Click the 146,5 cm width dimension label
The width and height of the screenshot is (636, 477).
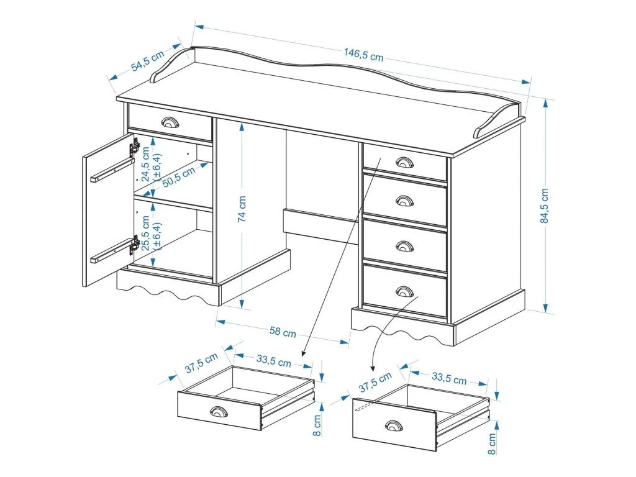(363, 55)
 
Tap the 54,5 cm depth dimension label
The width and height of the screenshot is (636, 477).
(147, 63)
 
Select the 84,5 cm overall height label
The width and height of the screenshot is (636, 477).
(545, 206)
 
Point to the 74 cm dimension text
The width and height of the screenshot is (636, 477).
(242, 209)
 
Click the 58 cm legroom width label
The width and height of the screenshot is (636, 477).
(283, 332)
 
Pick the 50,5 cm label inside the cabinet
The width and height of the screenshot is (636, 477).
(179, 176)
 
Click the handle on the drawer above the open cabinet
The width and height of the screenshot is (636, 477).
(169, 121)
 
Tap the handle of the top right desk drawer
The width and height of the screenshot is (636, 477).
(403, 162)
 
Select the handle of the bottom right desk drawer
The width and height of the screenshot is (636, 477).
(404, 291)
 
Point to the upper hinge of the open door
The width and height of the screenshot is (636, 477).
(134, 148)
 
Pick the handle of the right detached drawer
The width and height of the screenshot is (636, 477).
(393, 425)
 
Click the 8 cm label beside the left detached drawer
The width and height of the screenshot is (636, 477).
(317, 424)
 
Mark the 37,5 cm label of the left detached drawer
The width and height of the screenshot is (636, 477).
(201, 363)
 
